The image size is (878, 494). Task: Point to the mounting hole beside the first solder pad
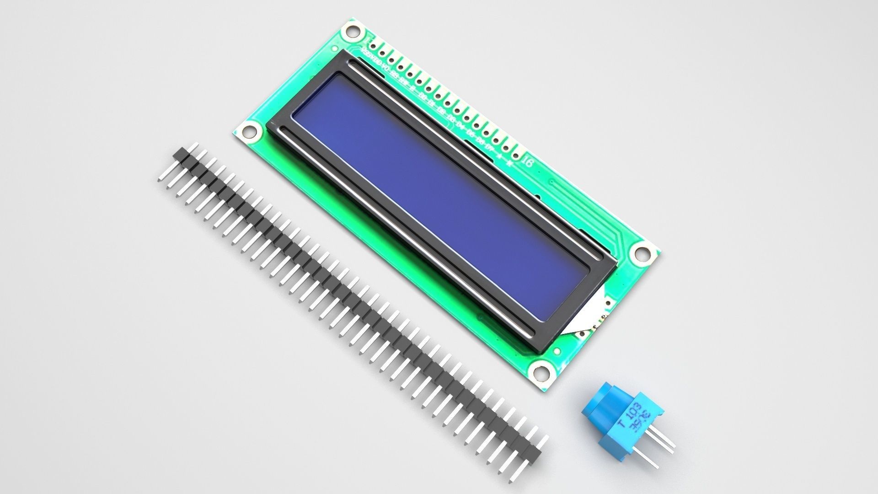click(351, 31)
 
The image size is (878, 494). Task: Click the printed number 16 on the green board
click(527, 162)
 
